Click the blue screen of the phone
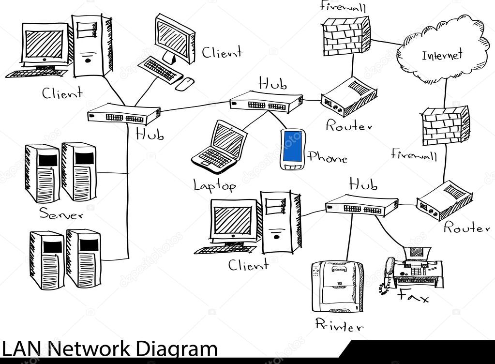click(292, 146)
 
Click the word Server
click(60, 213)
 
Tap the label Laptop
click(214, 185)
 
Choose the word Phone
click(328, 157)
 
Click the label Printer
click(339, 325)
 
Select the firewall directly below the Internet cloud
click(445, 126)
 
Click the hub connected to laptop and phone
click(266, 102)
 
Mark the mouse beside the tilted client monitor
click(184, 84)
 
